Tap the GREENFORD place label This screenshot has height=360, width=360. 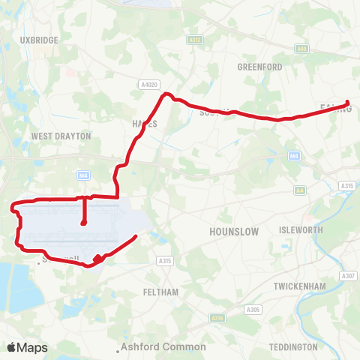click(259, 67)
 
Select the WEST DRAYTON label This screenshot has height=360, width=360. click(61, 136)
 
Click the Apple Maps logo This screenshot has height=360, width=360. click(26, 347)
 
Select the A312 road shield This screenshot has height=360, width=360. click(195, 40)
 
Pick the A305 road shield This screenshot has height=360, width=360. click(253, 309)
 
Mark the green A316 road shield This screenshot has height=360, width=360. click(217, 319)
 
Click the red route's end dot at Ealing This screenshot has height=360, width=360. click(348, 104)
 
